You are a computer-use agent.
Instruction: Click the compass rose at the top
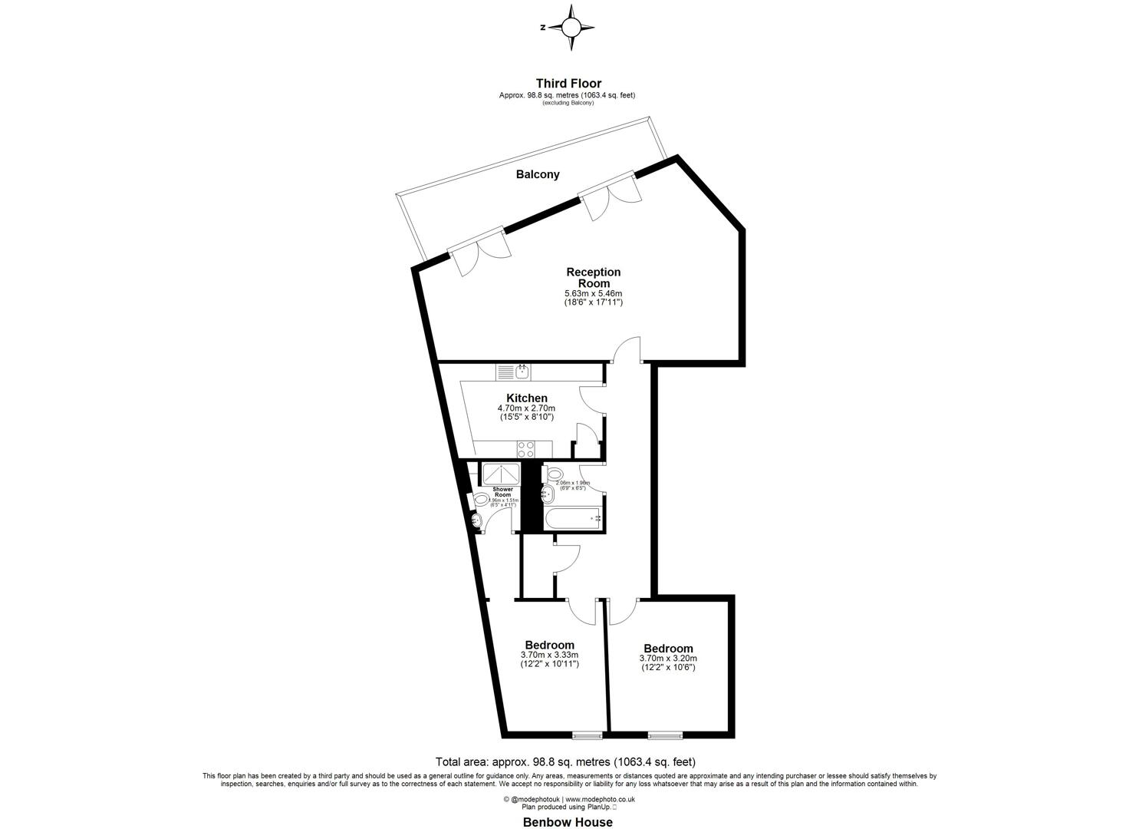click(x=571, y=28)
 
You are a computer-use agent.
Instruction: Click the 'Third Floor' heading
click(x=568, y=84)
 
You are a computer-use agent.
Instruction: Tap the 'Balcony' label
click(x=537, y=174)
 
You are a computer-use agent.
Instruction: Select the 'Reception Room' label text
click(x=593, y=277)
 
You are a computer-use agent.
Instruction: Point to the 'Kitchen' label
click(x=527, y=398)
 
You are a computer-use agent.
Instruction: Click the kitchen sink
click(x=522, y=372)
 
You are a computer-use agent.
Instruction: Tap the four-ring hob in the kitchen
click(x=525, y=448)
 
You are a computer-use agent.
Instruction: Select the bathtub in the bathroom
click(x=573, y=519)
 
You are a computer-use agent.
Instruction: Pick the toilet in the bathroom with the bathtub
click(x=555, y=473)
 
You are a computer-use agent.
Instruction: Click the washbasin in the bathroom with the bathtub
click(x=548, y=493)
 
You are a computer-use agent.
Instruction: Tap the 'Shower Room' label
click(x=502, y=492)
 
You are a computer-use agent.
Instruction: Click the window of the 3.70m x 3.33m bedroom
click(x=587, y=736)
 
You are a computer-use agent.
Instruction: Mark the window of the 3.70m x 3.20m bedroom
click(x=664, y=736)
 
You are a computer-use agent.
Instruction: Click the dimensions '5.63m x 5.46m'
click(x=593, y=293)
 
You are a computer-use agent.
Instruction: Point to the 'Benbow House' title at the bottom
click(x=568, y=822)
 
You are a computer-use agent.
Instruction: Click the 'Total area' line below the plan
click(x=565, y=762)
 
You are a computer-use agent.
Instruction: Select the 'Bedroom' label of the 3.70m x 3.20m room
click(x=668, y=649)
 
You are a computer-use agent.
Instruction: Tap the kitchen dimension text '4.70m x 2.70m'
click(x=526, y=408)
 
